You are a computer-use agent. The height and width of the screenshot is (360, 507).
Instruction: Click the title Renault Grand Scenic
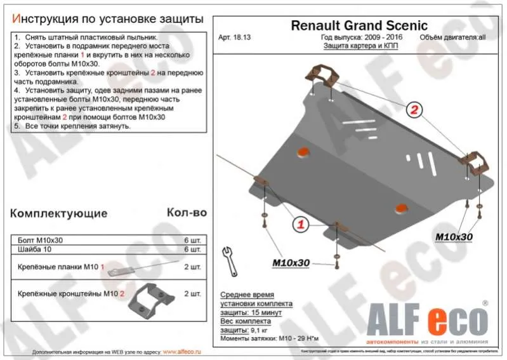point(359,25)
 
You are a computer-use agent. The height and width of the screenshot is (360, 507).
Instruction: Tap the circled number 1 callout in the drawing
point(300,223)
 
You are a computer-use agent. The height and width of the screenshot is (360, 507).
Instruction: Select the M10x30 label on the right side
point(454,237)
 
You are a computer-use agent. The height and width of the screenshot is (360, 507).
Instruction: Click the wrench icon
point(227,257)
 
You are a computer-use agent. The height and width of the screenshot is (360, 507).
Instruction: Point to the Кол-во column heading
point(187,213)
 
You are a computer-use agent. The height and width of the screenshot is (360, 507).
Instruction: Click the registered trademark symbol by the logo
point(485,303)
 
